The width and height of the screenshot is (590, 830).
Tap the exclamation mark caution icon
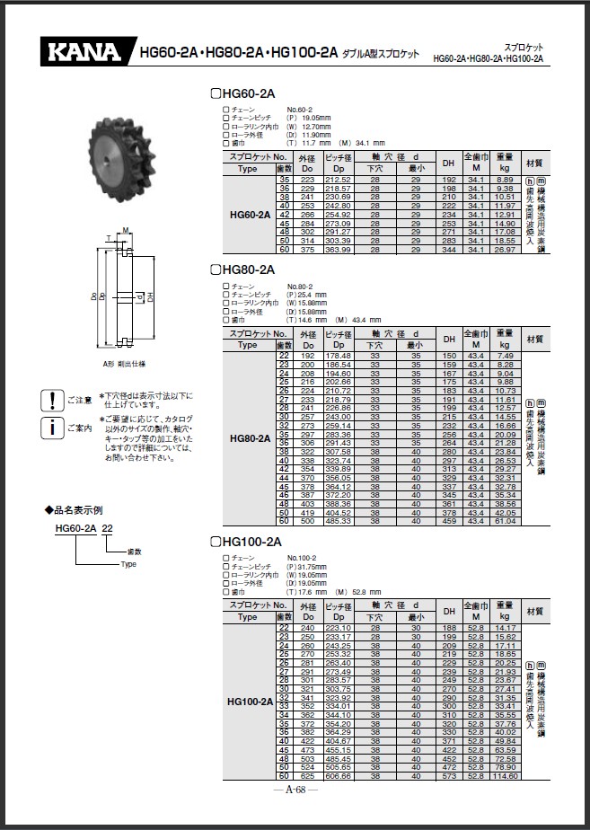point(53,400)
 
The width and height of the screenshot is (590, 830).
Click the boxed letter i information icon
point(53,428)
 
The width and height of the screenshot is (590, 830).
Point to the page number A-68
point(295,790)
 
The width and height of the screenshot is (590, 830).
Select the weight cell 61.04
point(505,521)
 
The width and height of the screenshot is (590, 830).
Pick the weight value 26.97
point(505,250)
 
